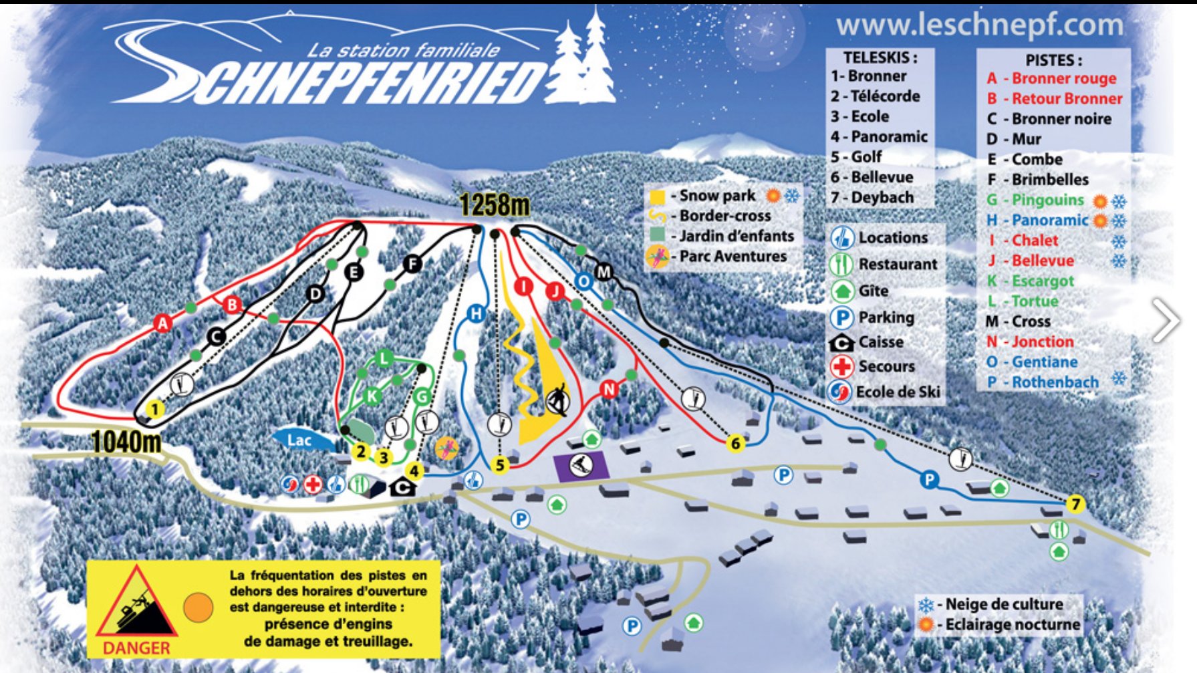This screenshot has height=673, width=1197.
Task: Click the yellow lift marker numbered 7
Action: pos(1075,504)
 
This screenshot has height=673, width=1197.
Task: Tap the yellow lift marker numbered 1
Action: pos(155,409)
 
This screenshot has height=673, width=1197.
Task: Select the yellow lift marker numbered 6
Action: pos(735,443)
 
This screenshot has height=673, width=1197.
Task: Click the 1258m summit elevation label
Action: pos(494,205)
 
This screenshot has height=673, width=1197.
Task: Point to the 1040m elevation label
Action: pos(126,442)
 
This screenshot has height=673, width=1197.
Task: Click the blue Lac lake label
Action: pos(299,440)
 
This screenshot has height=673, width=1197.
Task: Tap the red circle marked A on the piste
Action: pos(162,323)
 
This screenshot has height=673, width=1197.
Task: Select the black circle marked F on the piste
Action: pos(412,264)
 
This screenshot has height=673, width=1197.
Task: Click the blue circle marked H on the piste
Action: pos(476,313)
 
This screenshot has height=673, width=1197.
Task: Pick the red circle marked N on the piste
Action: pos(609,389)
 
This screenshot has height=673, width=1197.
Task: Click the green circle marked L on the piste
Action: pos(384,358)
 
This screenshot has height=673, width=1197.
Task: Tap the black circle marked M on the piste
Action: pos(604,272)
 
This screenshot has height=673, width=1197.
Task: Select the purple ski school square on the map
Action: pos(581,466)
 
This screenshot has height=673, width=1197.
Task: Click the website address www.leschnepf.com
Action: pos(979,25)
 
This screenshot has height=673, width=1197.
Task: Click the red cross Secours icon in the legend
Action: pos(841,366)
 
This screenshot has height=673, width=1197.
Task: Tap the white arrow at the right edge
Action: pos(1166,320)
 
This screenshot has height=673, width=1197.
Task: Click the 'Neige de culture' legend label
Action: pos(1003,604)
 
